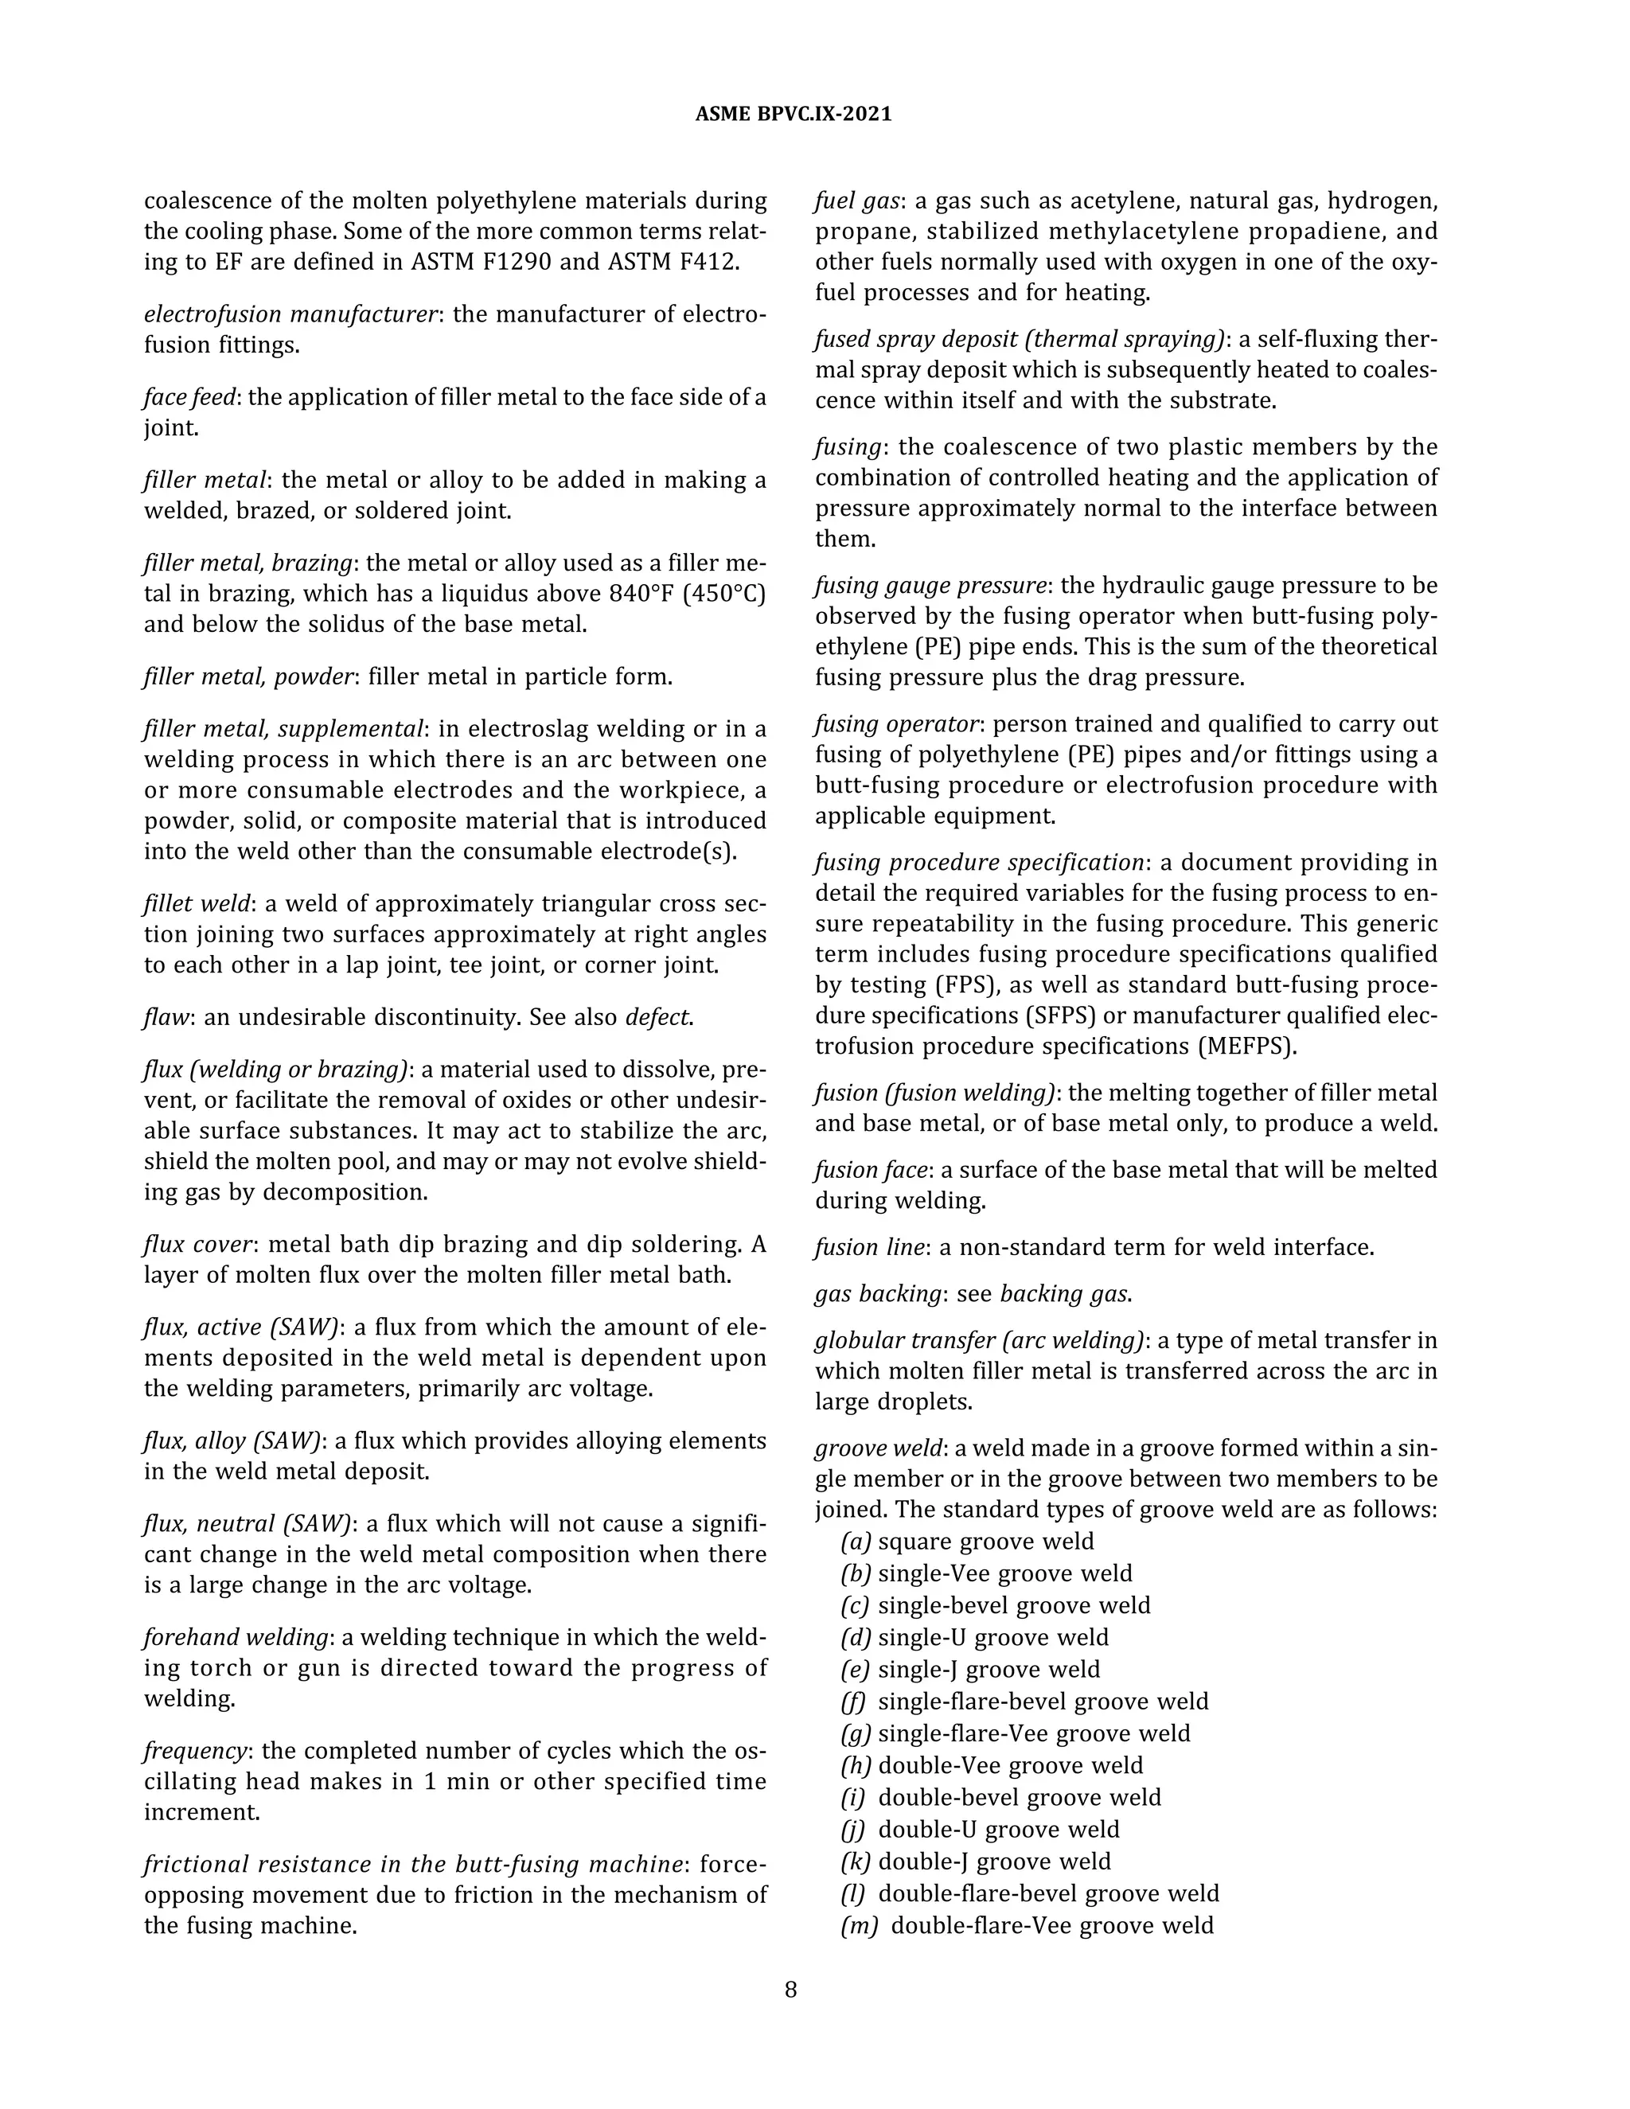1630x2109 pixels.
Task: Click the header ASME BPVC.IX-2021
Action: (x=793, y=114)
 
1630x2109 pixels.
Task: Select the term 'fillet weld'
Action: (x=197, y=904)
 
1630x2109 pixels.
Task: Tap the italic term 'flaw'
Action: (x=166, y=1018)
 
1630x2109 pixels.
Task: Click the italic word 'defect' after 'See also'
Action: (x=658, y=1018)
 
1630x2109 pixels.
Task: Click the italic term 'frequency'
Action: (x=195, y=1751)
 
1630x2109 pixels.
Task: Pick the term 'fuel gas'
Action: (x=857, y=201)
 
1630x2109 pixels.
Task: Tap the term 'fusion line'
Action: (x=870, y=1246)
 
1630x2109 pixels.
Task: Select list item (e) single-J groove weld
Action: (x=969, y=1669)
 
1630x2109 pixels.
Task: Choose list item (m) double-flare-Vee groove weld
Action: (x=1027, y=1924)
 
